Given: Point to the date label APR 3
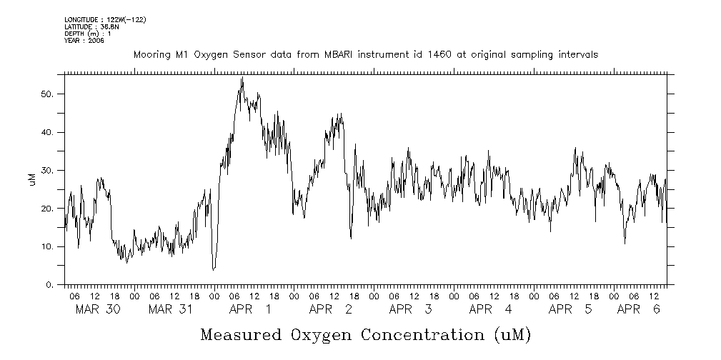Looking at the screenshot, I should point(410,310).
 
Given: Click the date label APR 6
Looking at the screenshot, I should point(638,310).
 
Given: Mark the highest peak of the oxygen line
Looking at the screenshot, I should point(242,78).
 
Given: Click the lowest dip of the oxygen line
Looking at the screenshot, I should point(213,269).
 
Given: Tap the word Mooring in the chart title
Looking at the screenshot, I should point(149,54).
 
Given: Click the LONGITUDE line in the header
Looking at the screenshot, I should point(105,19).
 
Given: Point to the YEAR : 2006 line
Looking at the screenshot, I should point(84,41).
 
